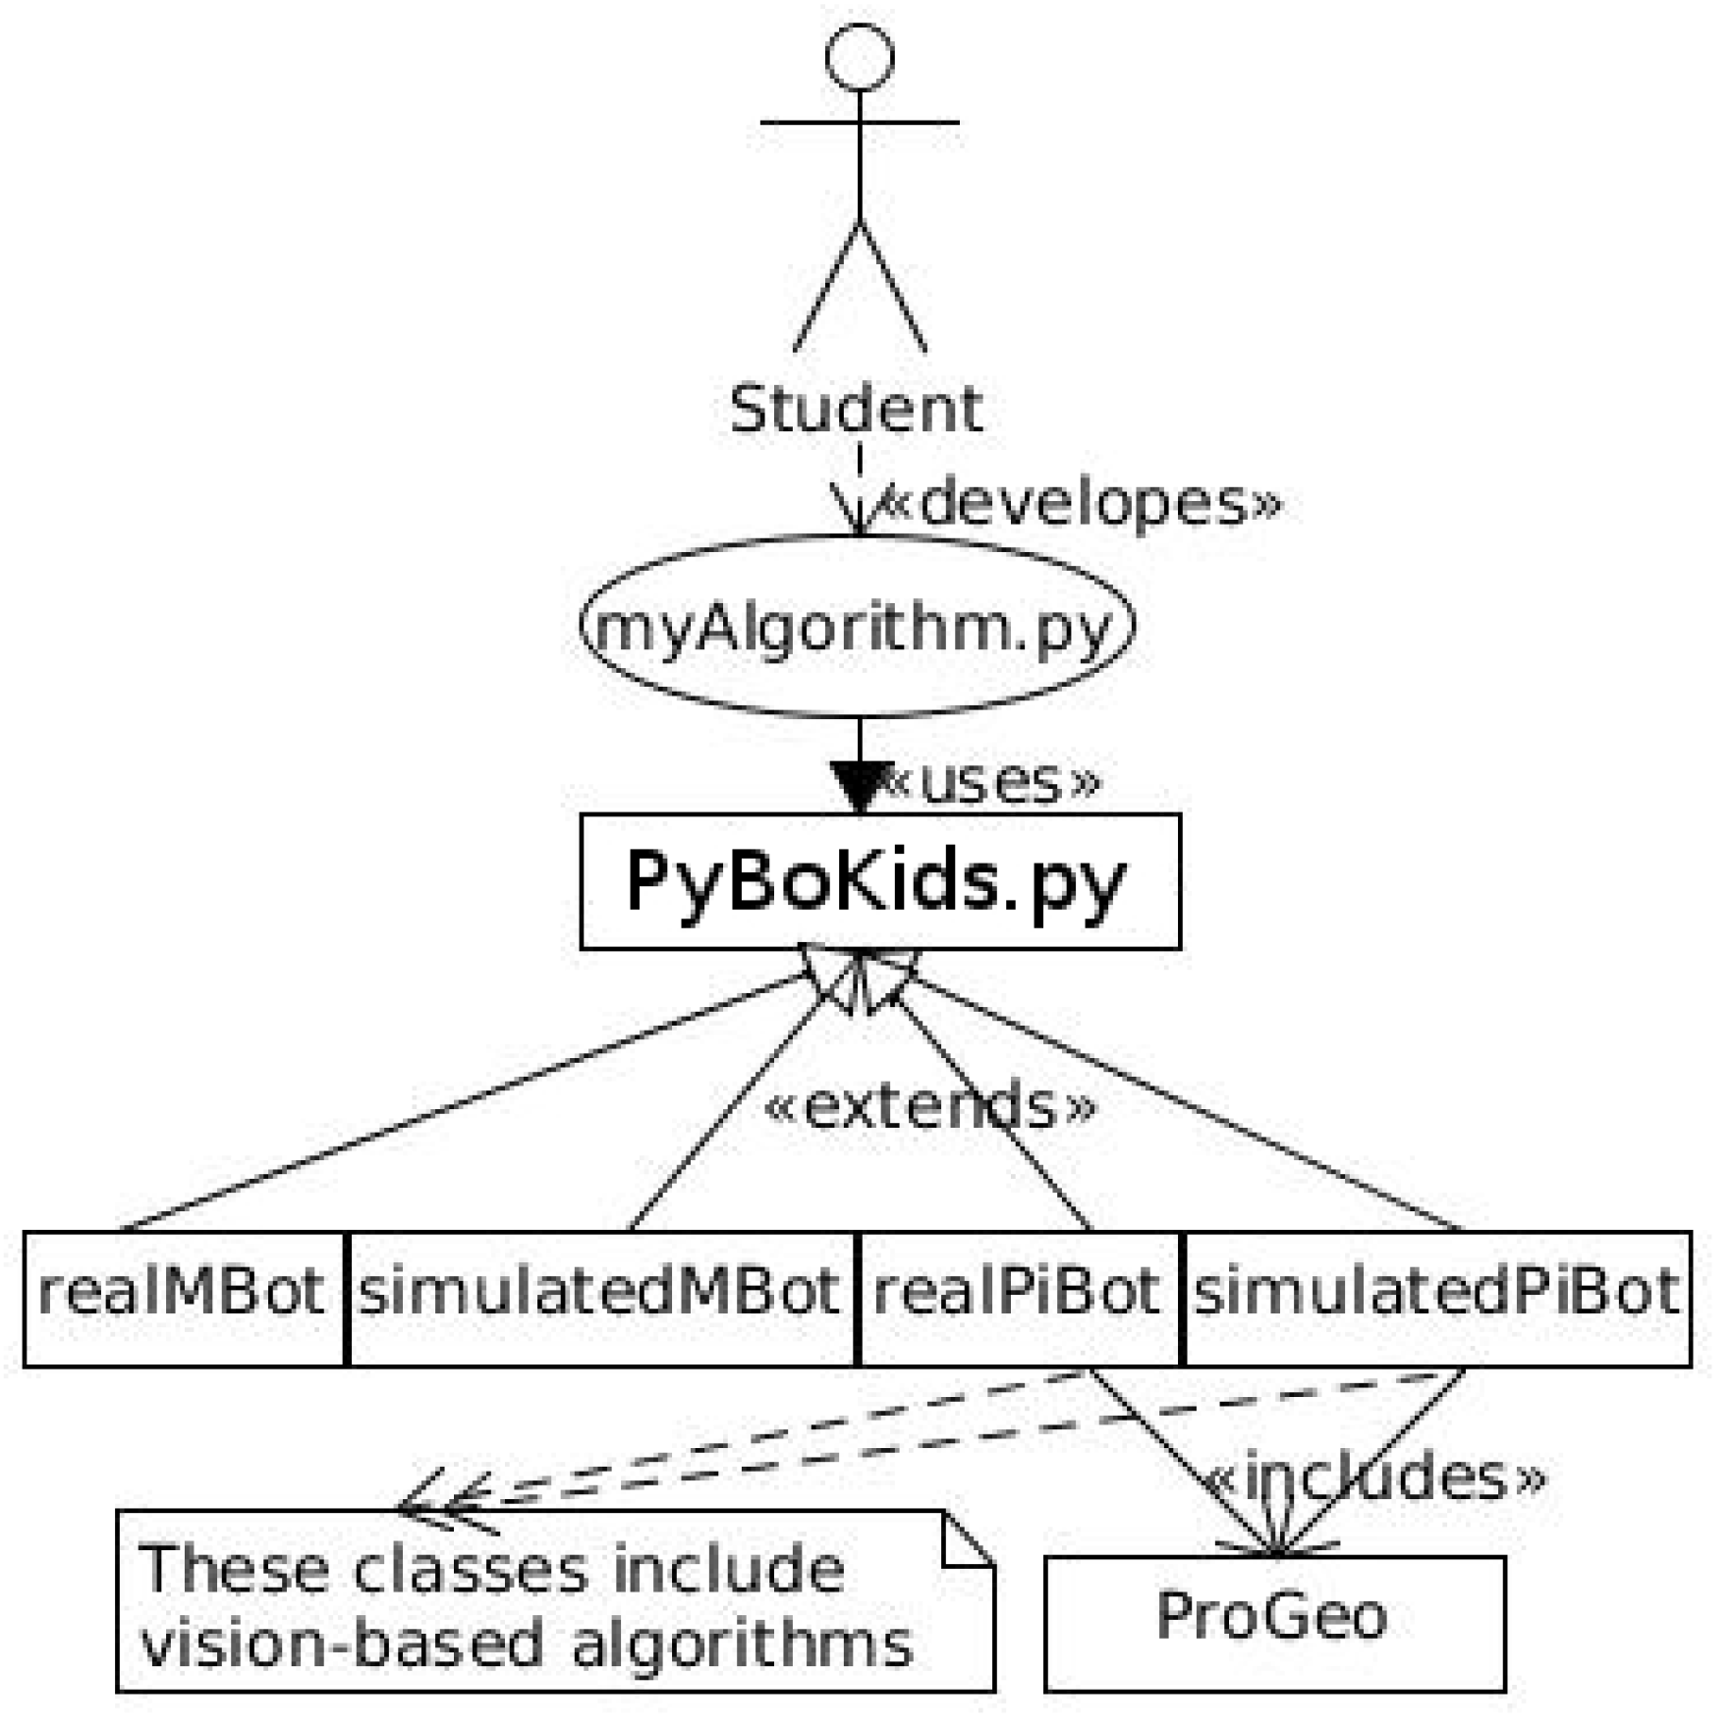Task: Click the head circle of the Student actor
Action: [859, 57]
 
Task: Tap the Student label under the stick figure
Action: [855, 409]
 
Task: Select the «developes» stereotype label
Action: [1079, 502]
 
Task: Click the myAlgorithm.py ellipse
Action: [857, 626]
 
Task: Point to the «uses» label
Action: [992, 782]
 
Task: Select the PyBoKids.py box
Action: [879, 881]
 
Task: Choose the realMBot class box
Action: [183, 1298]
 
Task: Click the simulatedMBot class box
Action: [600, 1298]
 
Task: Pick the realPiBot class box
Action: [1018, 1298]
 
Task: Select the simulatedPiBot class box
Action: [1436, 1298]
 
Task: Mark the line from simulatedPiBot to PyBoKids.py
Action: [1189, 1105]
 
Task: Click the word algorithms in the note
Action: [742, 1646]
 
